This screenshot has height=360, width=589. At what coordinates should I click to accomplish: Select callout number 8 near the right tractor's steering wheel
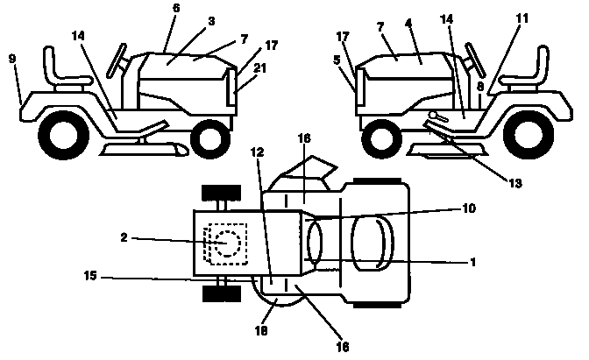(x=480, y=86)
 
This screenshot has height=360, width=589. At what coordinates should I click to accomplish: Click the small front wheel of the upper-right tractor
(x=379, y=138)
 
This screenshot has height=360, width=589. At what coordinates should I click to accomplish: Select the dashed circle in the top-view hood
(x=230, y=243)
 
